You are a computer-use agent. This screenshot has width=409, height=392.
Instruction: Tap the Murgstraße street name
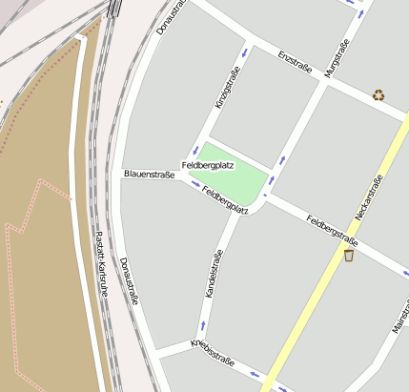tap(337, 58)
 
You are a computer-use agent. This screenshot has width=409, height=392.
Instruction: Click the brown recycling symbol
tap(378, 94)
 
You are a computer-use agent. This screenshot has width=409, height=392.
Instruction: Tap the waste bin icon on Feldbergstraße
tap(349, 255)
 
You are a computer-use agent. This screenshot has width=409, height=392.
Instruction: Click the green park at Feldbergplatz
tap(232, 172)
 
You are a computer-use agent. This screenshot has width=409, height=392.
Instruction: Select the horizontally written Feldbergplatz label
tap(208, 165)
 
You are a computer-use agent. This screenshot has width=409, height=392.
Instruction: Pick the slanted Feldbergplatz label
tap(225, 197)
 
